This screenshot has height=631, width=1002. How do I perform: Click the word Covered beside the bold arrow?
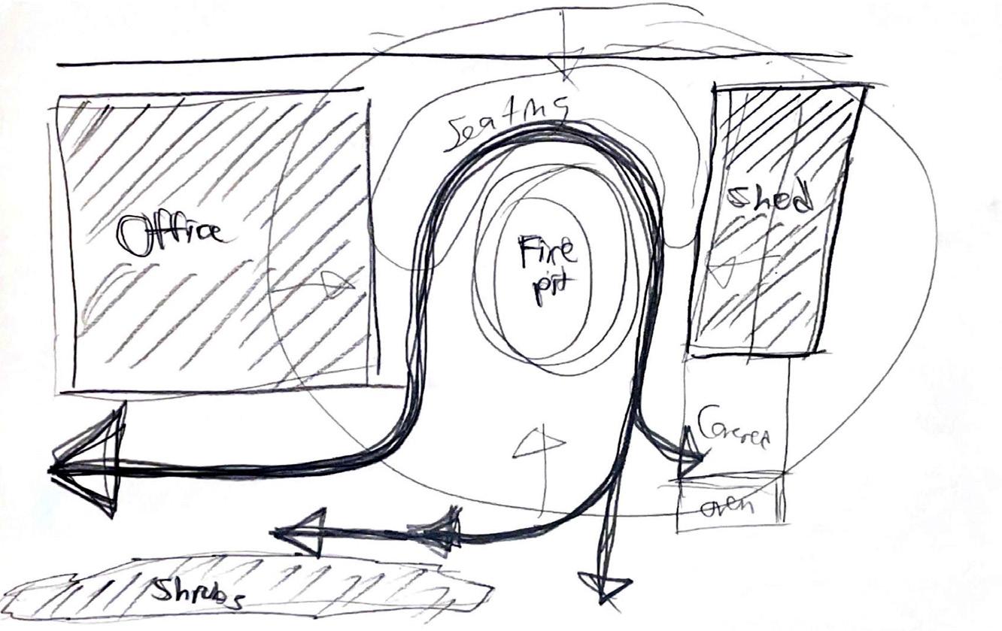733,428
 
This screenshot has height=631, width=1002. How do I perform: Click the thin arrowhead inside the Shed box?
723,270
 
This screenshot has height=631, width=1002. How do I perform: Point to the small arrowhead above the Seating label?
568,63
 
